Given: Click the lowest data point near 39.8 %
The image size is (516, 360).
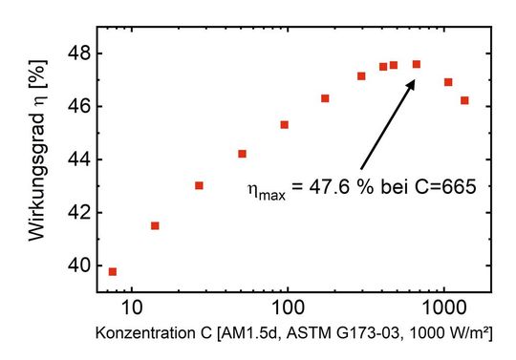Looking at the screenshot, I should point(113,272).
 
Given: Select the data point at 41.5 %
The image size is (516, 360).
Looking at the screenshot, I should point(155,225).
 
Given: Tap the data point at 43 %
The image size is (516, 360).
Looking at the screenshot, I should point(199,185).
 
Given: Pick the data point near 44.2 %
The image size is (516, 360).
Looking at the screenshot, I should point(242,154).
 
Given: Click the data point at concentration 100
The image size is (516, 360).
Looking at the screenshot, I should point(285,125).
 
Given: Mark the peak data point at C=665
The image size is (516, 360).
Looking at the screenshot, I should point(417,64).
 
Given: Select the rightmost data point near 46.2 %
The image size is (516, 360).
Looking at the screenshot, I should point(464,100).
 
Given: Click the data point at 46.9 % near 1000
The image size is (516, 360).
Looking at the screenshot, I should point(448,82).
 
